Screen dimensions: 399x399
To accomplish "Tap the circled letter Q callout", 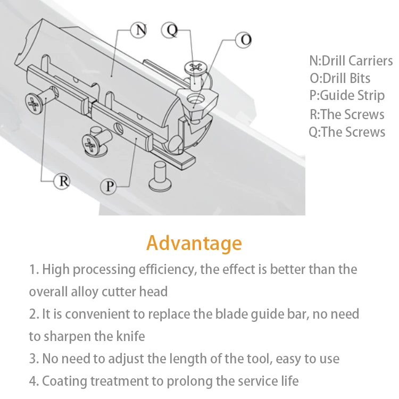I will pos(171,30).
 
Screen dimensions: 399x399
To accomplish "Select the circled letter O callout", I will pos(243,40).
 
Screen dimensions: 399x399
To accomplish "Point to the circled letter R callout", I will pos(63,181).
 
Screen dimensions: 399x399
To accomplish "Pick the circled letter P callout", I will pos(109,186).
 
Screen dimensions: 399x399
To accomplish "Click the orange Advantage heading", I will pos(194,243).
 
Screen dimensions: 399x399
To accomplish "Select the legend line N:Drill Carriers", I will pos(351,61).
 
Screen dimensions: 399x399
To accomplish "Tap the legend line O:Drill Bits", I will pos(339,79).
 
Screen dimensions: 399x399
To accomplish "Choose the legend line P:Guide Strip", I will pos(346,96).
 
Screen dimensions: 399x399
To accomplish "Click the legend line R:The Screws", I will pos(347,114).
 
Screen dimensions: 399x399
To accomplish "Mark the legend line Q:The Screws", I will pos(347,132).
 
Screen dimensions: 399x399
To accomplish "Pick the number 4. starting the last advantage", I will pos(34,381).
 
